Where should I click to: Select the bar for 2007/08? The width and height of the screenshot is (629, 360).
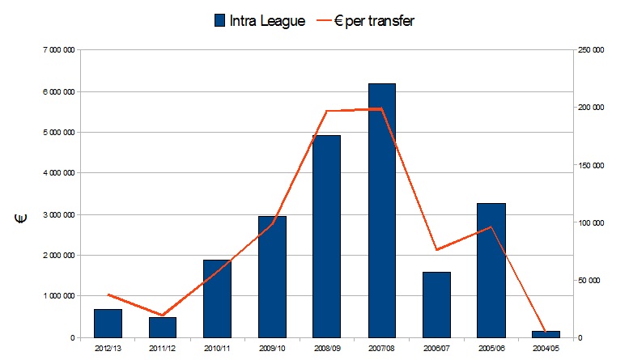pyautogui.click(x=381, y=210)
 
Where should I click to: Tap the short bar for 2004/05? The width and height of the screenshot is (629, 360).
pyautogui.click(x=545, y=334)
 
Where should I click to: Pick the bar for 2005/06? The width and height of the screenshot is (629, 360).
pyautogui.click(x=491, y=270)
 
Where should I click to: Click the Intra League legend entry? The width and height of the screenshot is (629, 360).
pyautogui.click(x=258, y=21)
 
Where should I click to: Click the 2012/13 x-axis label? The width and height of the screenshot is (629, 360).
pyautogui.click(x=108, y=349)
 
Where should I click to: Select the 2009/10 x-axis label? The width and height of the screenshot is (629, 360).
pyautogui.click(x=272, y=349)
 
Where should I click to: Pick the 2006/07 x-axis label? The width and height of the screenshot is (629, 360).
pyautogui.click(x=436, y=349)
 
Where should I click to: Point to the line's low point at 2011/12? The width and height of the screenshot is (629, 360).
pyautogui.click(x=163, y=315)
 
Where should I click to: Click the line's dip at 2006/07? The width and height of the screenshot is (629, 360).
pyautogui.click(x=436, y=250)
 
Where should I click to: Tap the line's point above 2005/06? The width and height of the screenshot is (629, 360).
pyautogui.click(x=491, y=227)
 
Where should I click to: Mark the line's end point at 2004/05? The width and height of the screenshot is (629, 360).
pyautogui.click(x=545, y=332)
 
